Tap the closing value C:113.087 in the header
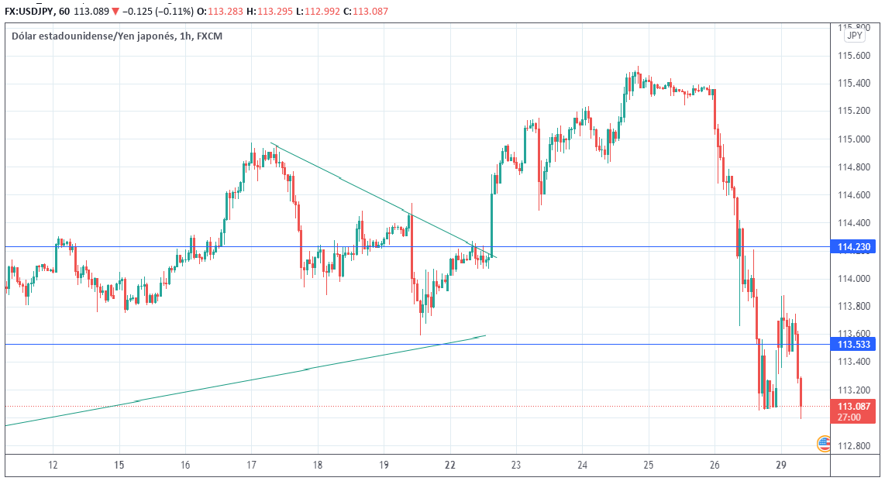pos(364,12)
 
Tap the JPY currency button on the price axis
pos(854,36)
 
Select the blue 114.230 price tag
pos(853,247)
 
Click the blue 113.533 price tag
pos(853,344)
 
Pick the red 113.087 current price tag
pos(853,406)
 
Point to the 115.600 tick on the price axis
pos(852,56)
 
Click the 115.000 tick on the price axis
pos(852,139)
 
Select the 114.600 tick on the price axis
pos(852,195)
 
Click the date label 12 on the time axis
pos(53,466)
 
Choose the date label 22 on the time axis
pos(449,466)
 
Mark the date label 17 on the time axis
pos(251,466)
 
